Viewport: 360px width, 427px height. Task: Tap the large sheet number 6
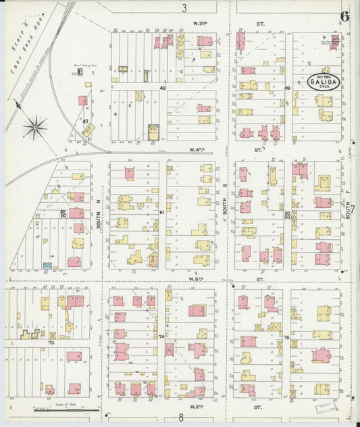[x=344, y=16]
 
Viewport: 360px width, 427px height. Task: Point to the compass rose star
[x=35, y=126]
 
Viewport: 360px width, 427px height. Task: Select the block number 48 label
[x=163, y=88]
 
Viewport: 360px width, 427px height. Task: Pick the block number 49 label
[x=287, y=88]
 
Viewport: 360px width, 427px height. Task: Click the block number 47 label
[x=86, y=122]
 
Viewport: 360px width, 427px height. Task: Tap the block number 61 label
[x=162, y=212]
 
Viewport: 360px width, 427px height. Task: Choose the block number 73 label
[x=49, y=343]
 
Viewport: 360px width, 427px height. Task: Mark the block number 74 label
[x=161, y=336]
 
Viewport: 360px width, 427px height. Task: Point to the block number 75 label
[x=286, y=336]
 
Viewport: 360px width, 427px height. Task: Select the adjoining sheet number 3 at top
[x=184, y=8]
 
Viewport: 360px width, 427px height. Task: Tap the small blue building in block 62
[x=47, y=267]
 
